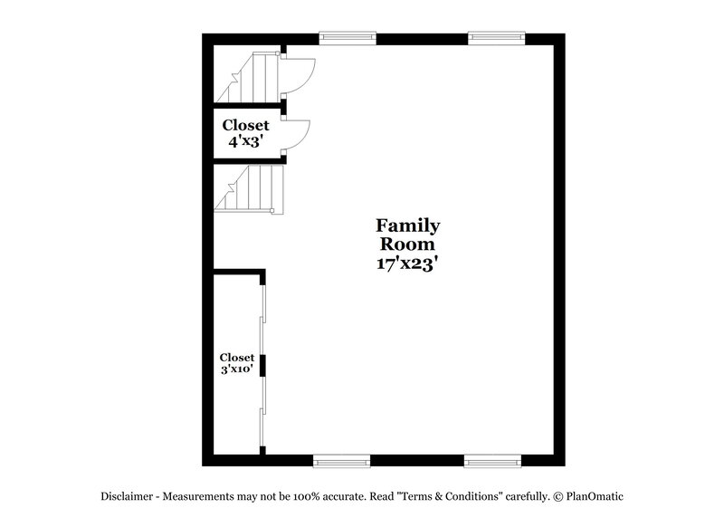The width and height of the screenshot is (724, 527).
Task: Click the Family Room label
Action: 407,235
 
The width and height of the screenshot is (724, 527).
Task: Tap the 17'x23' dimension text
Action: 407,263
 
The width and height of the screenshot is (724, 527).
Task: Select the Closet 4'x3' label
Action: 245,133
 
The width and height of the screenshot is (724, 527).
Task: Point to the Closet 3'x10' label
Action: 237,363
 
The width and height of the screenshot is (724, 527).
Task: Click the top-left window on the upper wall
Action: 348,38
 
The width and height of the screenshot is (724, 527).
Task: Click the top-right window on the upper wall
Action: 496,38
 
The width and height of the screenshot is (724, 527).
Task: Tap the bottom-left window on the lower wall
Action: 341,461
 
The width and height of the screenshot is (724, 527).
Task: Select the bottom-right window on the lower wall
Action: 493,461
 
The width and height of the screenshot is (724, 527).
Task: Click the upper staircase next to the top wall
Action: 249,78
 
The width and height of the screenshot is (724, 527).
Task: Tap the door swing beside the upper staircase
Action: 300,75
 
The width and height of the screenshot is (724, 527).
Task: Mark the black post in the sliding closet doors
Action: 262,365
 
